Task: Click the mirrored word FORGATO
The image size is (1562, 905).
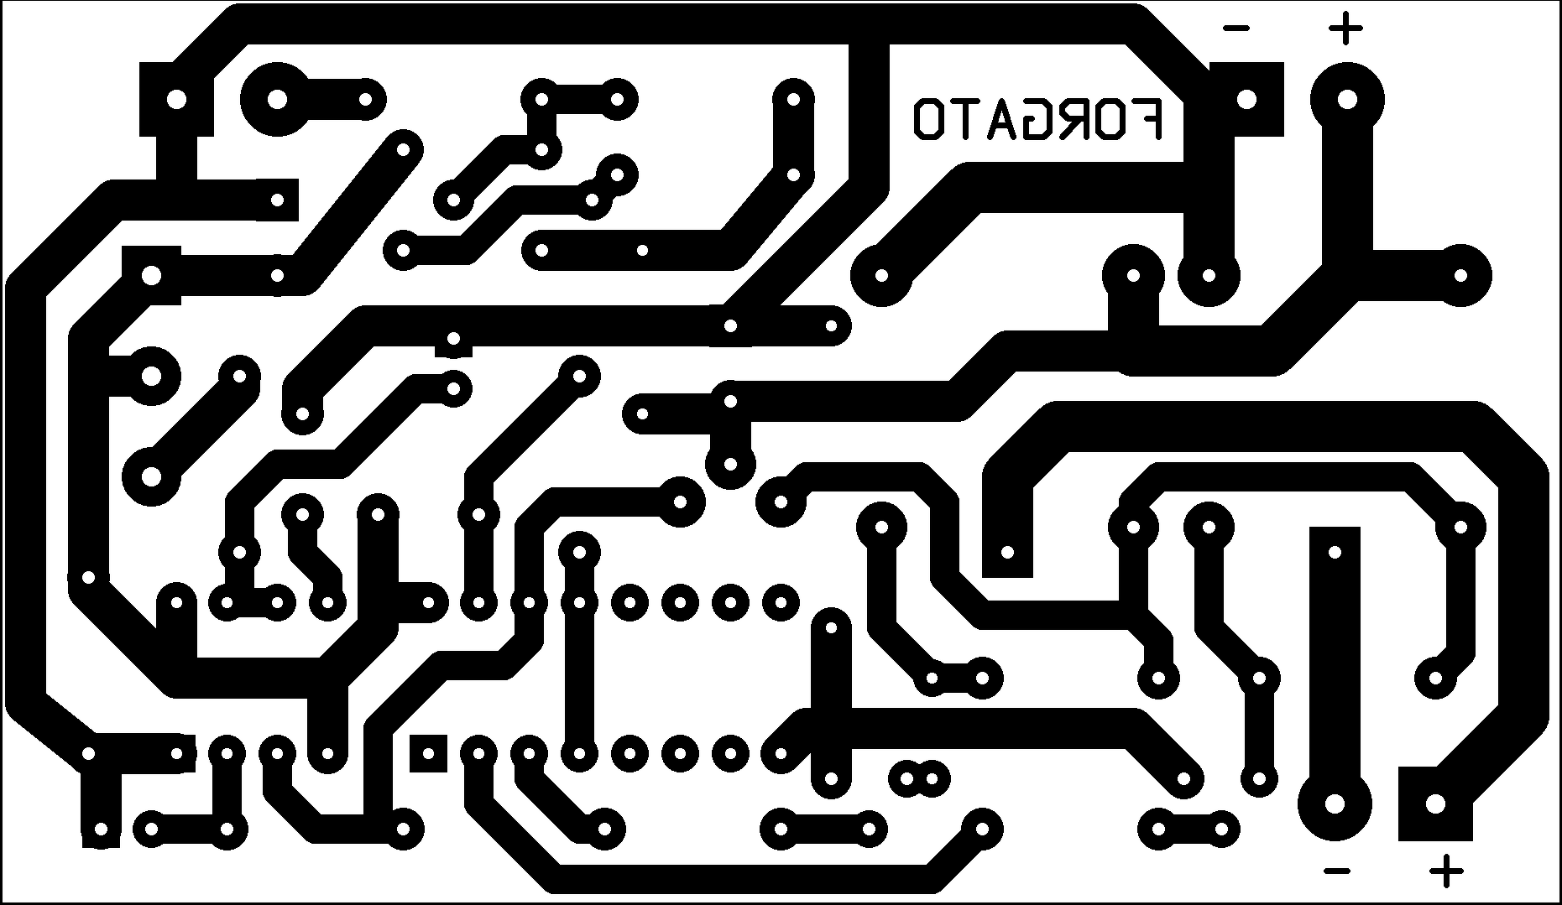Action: tap(1038, 119)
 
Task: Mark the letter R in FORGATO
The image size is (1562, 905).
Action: tap(1074, 119)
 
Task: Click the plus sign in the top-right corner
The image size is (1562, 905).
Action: tap(1345, 29)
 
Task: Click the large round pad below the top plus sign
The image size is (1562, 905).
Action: tap(1346, 100)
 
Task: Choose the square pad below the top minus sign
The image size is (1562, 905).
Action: tap(1246, 100)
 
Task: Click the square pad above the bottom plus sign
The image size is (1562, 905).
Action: tap(1434, 804)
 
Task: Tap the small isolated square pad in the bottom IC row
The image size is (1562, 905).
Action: tap(428, 752)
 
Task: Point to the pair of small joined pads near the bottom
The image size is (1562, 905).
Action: tap(919, 779)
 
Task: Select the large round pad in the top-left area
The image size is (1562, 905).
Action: tap(277, 100)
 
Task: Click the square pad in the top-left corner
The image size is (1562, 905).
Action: tap(176, 100)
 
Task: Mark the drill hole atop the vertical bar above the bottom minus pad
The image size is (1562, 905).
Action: tap(1335, 552)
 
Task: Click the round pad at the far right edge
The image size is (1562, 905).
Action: tap(1460, 275)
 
